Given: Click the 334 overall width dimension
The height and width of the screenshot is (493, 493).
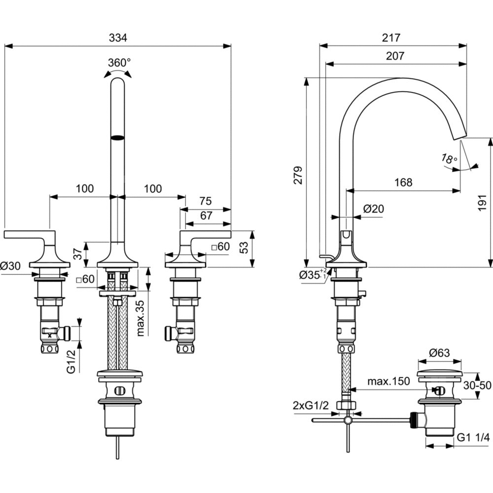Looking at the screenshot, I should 118,37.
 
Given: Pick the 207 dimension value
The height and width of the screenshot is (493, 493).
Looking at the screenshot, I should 395,56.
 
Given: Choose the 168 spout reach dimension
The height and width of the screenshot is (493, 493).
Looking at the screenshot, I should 403,182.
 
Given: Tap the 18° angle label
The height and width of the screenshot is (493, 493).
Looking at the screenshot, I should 449,159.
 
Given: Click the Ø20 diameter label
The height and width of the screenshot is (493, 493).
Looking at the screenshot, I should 373,209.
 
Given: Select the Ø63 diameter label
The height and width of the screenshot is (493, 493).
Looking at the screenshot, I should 439,353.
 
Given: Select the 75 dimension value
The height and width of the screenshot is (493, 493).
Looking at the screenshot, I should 206,201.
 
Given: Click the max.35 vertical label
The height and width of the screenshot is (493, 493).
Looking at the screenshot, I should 141,317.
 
